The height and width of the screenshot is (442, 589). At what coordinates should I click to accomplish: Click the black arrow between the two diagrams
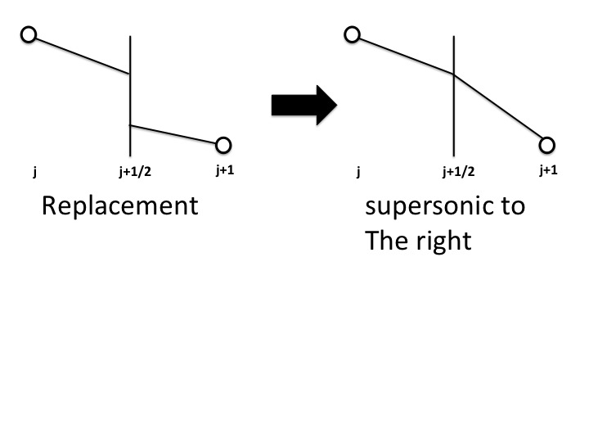pos(303,105)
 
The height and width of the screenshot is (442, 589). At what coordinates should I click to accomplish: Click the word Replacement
pos(119,205)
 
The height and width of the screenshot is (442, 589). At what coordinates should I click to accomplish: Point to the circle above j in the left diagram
pos(29,35)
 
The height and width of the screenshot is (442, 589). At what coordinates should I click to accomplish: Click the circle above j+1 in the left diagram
pos(223,146)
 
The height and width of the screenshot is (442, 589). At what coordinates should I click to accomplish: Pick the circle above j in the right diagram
pos(352,34)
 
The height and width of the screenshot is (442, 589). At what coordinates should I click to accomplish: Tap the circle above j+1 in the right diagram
pos(547,146)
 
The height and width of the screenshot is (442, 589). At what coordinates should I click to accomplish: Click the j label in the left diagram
pos(34,172)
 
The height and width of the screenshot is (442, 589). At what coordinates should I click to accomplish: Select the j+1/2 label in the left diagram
pos(135,172)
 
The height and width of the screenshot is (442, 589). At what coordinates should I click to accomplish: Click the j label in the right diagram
pos(358,172)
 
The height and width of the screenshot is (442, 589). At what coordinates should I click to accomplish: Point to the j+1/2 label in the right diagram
pos(458,172)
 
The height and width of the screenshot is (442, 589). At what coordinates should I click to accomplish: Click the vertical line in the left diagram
pos(130,98)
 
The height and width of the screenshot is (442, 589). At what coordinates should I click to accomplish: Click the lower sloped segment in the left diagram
pos(173,134)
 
